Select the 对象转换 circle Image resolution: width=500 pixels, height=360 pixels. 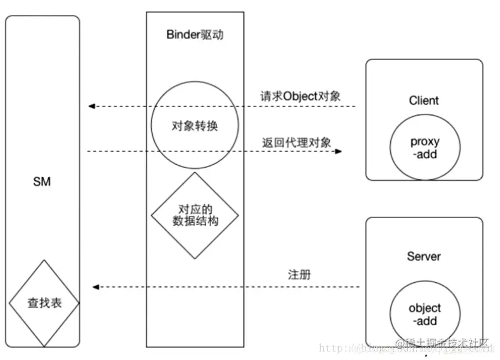click(195, 126)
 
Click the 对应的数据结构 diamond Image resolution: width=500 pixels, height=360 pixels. click(195, 216)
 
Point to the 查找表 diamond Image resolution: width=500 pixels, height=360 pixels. click(44, 303)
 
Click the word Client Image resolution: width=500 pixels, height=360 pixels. click(424, 100)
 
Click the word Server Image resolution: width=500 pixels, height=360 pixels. click(424, 256)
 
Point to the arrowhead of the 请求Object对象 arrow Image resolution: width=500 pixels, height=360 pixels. click(92, 107)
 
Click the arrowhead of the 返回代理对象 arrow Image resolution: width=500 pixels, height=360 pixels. click(339, 152)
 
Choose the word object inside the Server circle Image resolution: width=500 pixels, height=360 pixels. click(424, 308)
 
